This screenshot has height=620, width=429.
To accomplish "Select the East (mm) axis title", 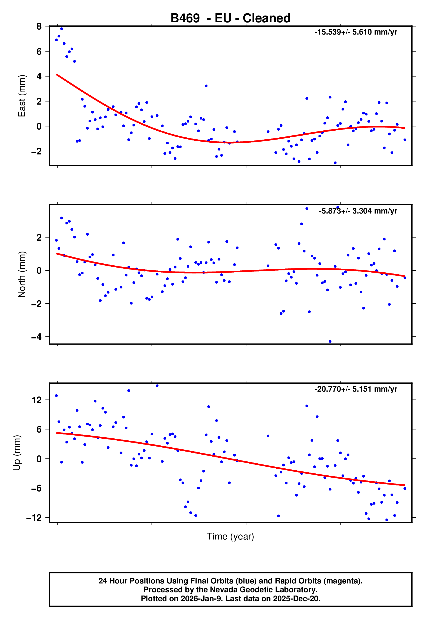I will point(22,96).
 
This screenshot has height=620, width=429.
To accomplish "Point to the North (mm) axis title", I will point(22,274).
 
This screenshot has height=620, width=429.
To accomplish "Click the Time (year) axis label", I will point(230,536).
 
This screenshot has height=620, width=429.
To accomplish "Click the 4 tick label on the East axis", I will point(39,76).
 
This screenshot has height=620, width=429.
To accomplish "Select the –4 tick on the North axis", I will point(37,337).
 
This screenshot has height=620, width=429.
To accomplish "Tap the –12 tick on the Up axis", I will point(34,518).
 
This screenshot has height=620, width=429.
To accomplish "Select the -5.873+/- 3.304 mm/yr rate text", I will point(358,211).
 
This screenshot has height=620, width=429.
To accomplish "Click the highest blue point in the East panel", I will point(62,29).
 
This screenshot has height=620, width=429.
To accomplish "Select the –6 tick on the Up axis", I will point(37,488).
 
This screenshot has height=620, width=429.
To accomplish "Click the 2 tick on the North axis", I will point(39,237).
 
